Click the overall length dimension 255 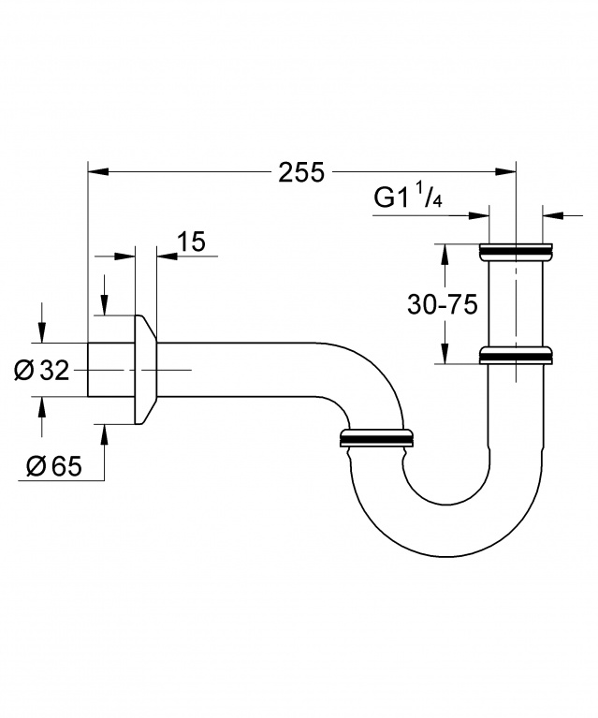click(x=300, y=172)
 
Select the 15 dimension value click(x=190, y=242)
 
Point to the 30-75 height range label click(x=443, y=304)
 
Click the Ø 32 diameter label click(x=42, y=371)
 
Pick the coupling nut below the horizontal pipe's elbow click(x=374, y=438)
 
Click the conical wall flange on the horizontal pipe click(x=145, y=370)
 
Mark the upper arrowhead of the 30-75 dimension click(x=444, y=253)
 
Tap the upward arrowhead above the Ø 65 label click(x=104, y=435)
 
